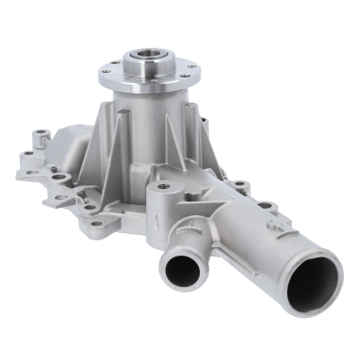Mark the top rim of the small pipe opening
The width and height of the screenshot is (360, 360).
pos(183,252)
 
